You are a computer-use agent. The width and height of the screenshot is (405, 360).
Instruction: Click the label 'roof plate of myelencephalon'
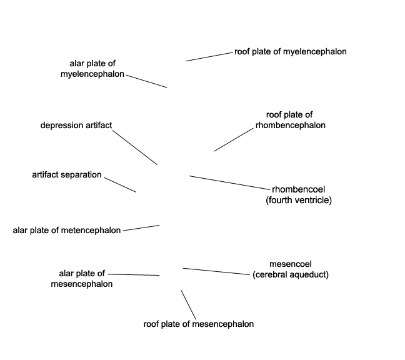pyautogui.click(x=291, y=52)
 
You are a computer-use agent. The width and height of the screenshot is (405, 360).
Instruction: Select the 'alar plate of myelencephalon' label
pyautogui.click(x=92, y=69)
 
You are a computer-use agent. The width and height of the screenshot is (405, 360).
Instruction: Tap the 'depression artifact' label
pyautogui.click(x=76, y=125)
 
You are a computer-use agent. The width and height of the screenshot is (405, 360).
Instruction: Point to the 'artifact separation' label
pyautogui.click(x=67, y=175)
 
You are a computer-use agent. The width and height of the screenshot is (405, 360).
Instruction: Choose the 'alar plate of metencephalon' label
pyautogui.click(x=67, y=231)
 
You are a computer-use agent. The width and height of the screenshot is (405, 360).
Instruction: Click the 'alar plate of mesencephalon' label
pyautogui.click(x=82, y=279)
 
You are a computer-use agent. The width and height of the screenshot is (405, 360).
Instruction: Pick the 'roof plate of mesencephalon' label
pyautogui.click(x=199, y=324)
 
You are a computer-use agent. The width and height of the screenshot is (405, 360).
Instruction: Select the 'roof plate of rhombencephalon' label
pyautogui.click(x=291, y=120)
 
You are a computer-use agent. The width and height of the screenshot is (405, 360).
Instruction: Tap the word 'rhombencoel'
pyautogui.click(x=298, y=189)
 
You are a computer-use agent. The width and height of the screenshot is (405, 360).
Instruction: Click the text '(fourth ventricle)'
pyautogui.click(x=299, y=200)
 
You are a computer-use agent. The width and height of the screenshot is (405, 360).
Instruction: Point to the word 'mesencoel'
pyautogui.click(x=291, y=264)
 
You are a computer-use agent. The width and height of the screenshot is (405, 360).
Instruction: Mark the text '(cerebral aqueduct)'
pyautogui.click(x=291, y=274)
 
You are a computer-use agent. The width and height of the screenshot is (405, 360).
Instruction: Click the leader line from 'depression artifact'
pyautogui.click(x=135, y=147)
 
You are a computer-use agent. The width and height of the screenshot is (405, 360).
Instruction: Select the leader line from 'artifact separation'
pyautogui.click(x=120, y=184)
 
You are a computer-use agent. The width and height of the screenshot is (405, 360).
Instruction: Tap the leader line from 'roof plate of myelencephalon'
pyautogui.click(x=209, y=57)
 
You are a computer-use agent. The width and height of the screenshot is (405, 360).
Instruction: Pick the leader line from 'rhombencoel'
pyautogui.click(x=229, y=182)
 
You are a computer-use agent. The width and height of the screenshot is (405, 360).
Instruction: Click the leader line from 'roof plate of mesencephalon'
pyautogui.click(x=188, y=305)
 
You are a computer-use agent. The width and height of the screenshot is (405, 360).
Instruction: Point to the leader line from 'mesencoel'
pyautogui.click(x=216, y=271)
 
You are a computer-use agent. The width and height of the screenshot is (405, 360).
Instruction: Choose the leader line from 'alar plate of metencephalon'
pyautogui.click(x=141, y=227)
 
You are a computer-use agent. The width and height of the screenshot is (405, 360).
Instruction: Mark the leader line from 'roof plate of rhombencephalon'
pyautogui.click(x=234, y=140)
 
